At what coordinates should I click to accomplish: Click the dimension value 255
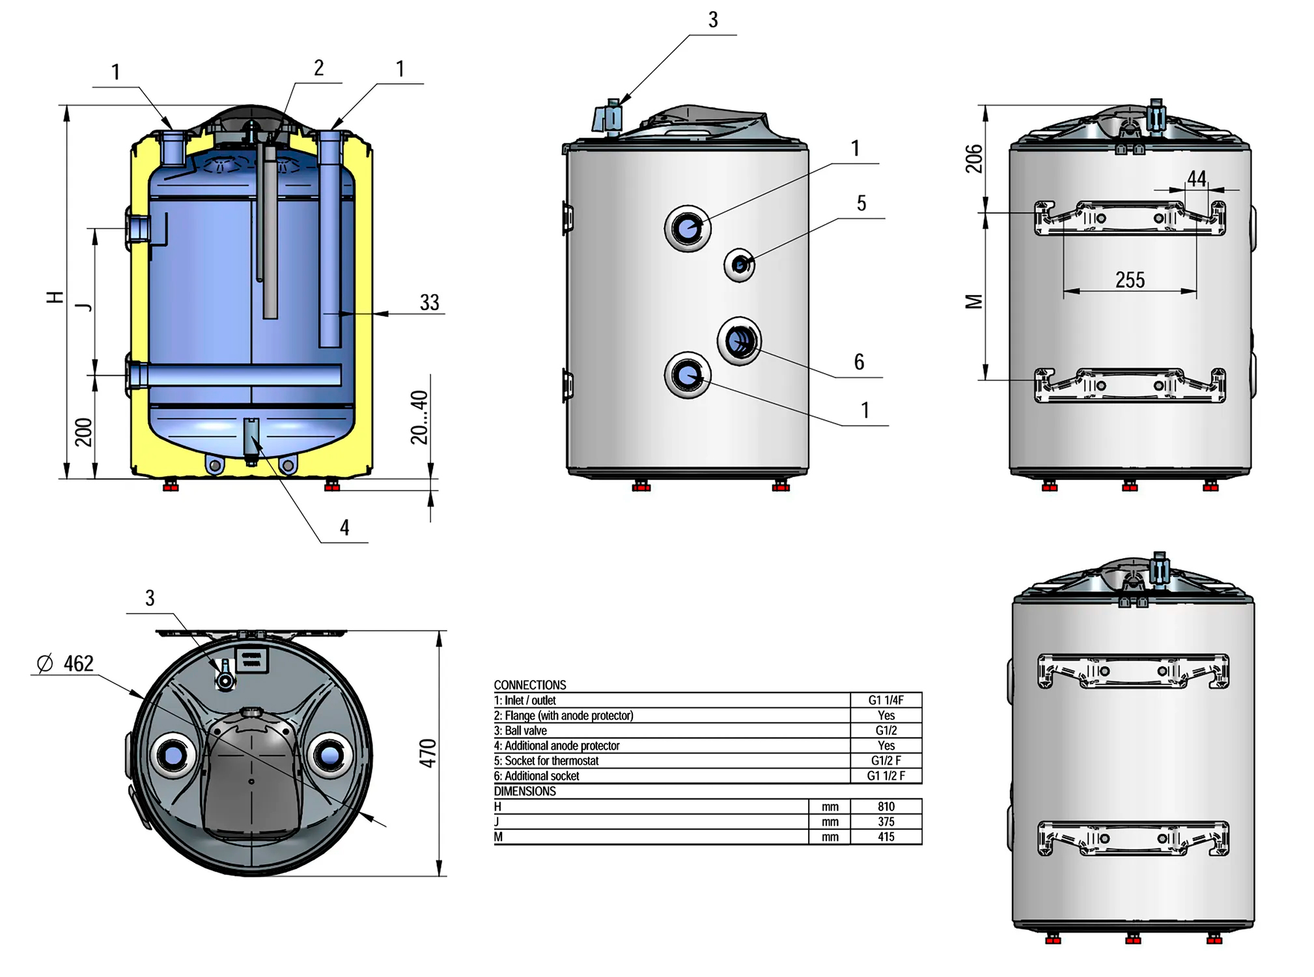tap(1130, 280)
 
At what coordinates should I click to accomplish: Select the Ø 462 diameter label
tap(65, 664)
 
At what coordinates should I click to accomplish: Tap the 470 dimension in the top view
tap(427, 753)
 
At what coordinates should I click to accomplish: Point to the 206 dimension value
tap(973, 159)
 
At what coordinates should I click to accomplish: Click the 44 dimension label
tap(1197, 178)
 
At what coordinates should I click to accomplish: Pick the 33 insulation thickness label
tap(429, 302)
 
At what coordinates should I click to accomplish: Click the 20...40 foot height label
tap(419, 418)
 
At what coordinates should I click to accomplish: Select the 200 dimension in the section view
tap(83, 432)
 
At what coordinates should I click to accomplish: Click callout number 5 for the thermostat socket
tap(861, 203)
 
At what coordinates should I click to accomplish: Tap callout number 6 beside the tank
tap(860, 362)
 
